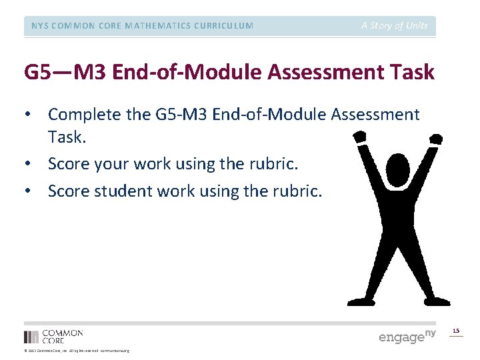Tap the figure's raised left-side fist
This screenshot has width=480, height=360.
coord(360,137)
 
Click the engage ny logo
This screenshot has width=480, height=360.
coord(407,336)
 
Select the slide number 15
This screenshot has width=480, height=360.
coord(456,331)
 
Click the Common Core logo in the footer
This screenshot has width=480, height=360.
coord(53,336)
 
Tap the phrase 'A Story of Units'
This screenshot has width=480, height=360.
coord(395,26)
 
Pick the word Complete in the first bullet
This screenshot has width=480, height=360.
coord(82,115)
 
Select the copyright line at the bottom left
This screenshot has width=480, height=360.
coord(77,351)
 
